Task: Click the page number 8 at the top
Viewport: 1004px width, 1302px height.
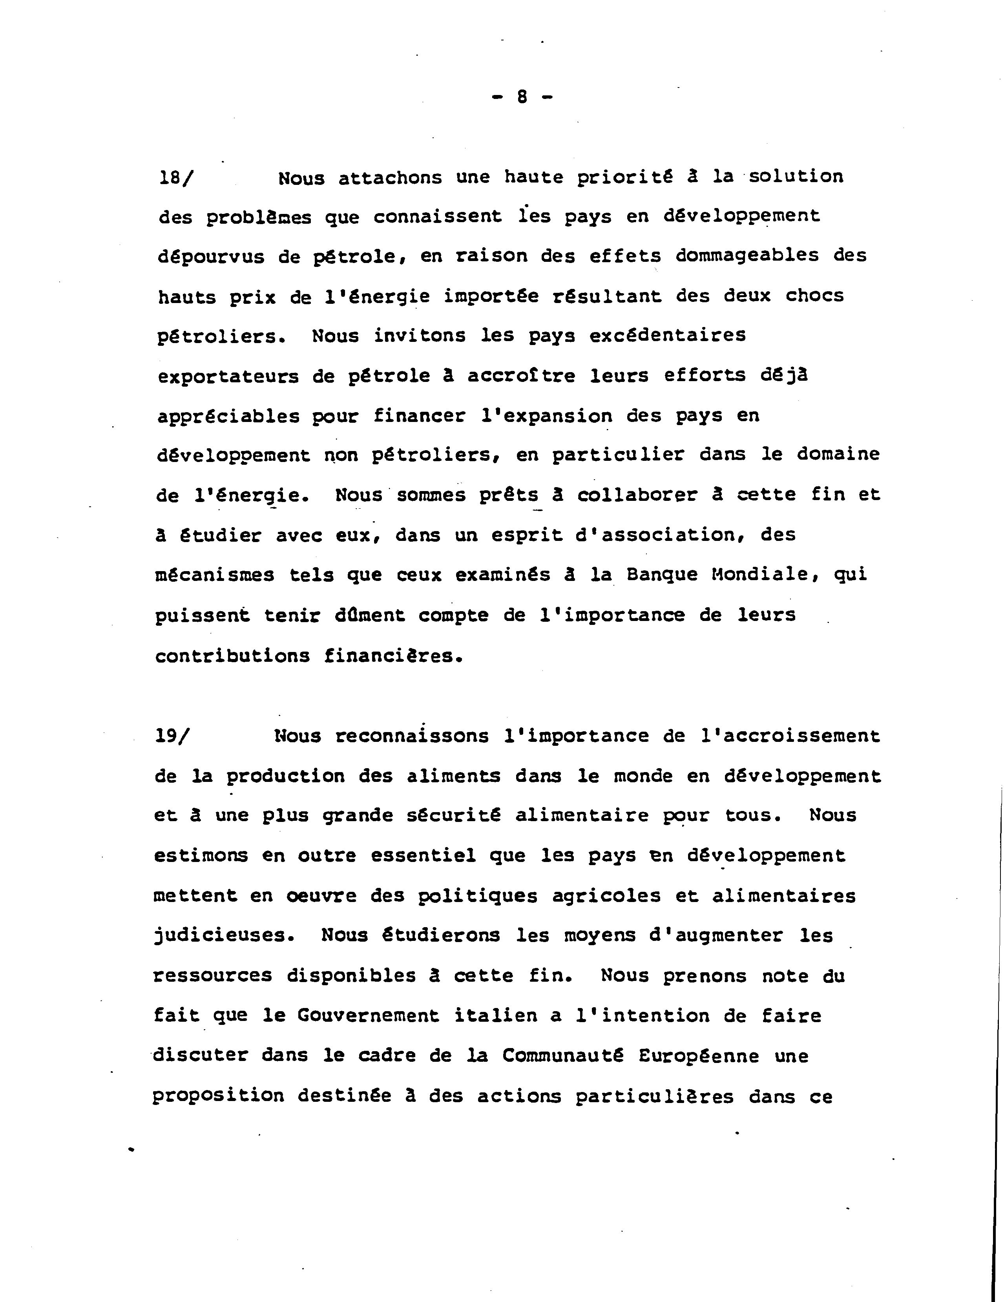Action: tap(522, 97)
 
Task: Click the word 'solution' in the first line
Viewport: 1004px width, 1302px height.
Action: tap(796, 177)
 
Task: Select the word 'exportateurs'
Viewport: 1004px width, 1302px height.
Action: tap(228, 377)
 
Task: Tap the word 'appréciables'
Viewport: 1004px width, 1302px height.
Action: tap(228, 417)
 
